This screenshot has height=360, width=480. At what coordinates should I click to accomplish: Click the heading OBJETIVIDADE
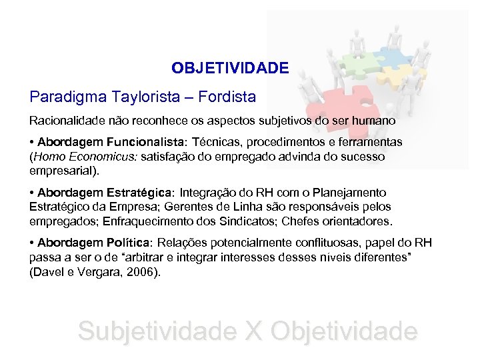click(x=230, y=68)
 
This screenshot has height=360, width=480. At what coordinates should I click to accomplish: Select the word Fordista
click(x=226, y=97)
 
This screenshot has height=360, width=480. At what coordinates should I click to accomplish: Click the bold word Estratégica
click(x=138, y=192)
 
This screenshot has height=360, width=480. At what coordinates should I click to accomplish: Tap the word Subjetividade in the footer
click(x=157, y=331)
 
